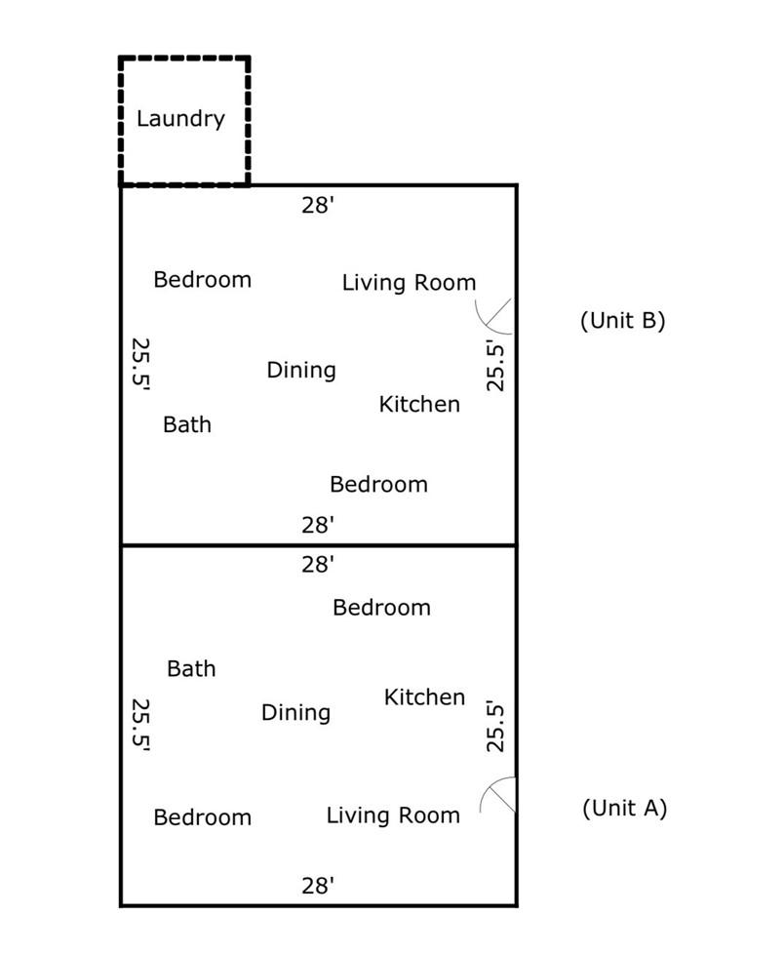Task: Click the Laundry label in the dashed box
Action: (x=180, y=119)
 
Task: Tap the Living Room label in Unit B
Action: (x=409, y=283)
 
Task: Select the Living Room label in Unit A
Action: (x=393, y=815)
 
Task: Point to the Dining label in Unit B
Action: (x=301, y=370)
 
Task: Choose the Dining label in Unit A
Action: (x=295, y=713)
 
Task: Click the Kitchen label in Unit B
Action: (x=419, y=404)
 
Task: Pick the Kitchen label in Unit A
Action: (x=424, y=697)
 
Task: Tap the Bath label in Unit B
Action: (x=187, y=424)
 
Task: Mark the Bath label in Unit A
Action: (x=191, y=669)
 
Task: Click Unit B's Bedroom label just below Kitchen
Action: (x=378, y=484)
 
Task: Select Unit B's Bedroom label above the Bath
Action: (x=203, y=280)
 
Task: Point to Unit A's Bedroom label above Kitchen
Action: (x=381, y=608)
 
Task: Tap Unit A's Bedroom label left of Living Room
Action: (x=203, y=817)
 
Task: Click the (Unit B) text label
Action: (x=622, y=320)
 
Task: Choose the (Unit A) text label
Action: (x=624, y=808)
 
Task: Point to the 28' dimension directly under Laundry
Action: (x=318, y=205)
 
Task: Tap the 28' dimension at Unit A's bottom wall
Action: (x=318, y=886)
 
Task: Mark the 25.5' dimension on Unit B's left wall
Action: (x=140, y=364)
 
